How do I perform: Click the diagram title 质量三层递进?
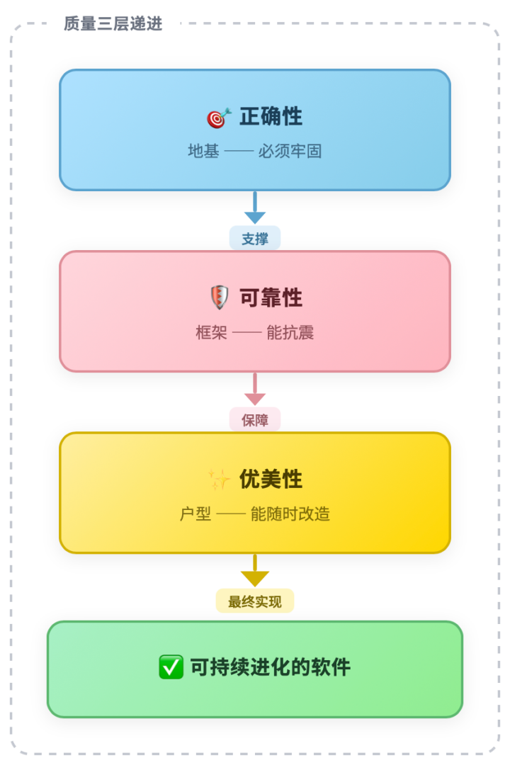(x=113, y=23)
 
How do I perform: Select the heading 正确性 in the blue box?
(x=271, y=117)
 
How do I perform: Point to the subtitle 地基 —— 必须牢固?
(x=255, y=152)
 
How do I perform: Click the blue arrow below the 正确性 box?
(x=255, y=208)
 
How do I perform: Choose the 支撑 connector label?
(x=255, y=239)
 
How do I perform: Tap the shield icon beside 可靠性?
(x=220, y=297)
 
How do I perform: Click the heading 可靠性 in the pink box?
(x=271, y=297)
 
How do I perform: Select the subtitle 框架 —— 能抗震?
(x=255, y=333)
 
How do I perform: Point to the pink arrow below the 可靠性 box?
(x=255, y=389)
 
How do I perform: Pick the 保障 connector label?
(x=255, y=420)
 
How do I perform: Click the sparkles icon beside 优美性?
(x=219, y=479)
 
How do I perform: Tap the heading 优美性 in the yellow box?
(x=271, y=479)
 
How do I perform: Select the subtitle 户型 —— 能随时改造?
(x=255, y=514)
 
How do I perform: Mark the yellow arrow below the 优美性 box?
(x=255, y=570)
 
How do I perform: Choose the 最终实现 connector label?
(x=255, y=601)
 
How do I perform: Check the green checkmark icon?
(x=171, y=667)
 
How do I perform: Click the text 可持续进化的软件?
(x=271, y=667)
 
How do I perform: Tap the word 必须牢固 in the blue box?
(x=290, y=152)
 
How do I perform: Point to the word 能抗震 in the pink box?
(x=290, y=333)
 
